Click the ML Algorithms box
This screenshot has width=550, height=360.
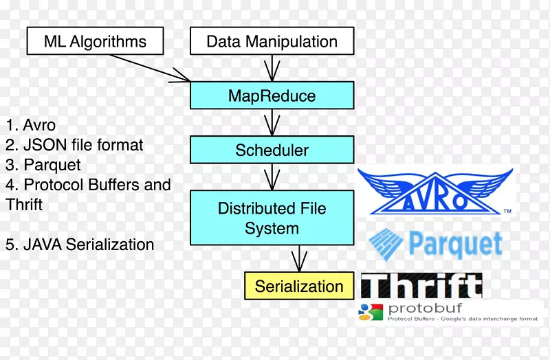click(95, 41)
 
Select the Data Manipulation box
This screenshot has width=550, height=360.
click(272, 41)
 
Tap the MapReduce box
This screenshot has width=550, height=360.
click(272, 95)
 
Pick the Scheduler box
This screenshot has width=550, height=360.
click(272, 150)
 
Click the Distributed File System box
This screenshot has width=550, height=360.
click(272, 218)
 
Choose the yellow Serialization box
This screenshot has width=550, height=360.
click(299, 286)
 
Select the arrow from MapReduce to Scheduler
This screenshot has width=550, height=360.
click(272, 122)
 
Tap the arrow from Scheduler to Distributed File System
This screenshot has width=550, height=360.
click(272, 177)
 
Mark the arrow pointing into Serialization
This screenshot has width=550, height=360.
click(299, 259)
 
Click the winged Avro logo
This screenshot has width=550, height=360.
click(435, 192)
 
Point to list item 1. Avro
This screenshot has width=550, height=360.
click(31, 125)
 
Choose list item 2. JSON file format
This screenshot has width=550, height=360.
click(74, 145)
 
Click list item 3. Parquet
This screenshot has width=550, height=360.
click(43, 165)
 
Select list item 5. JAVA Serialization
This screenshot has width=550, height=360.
click(80, 245)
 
